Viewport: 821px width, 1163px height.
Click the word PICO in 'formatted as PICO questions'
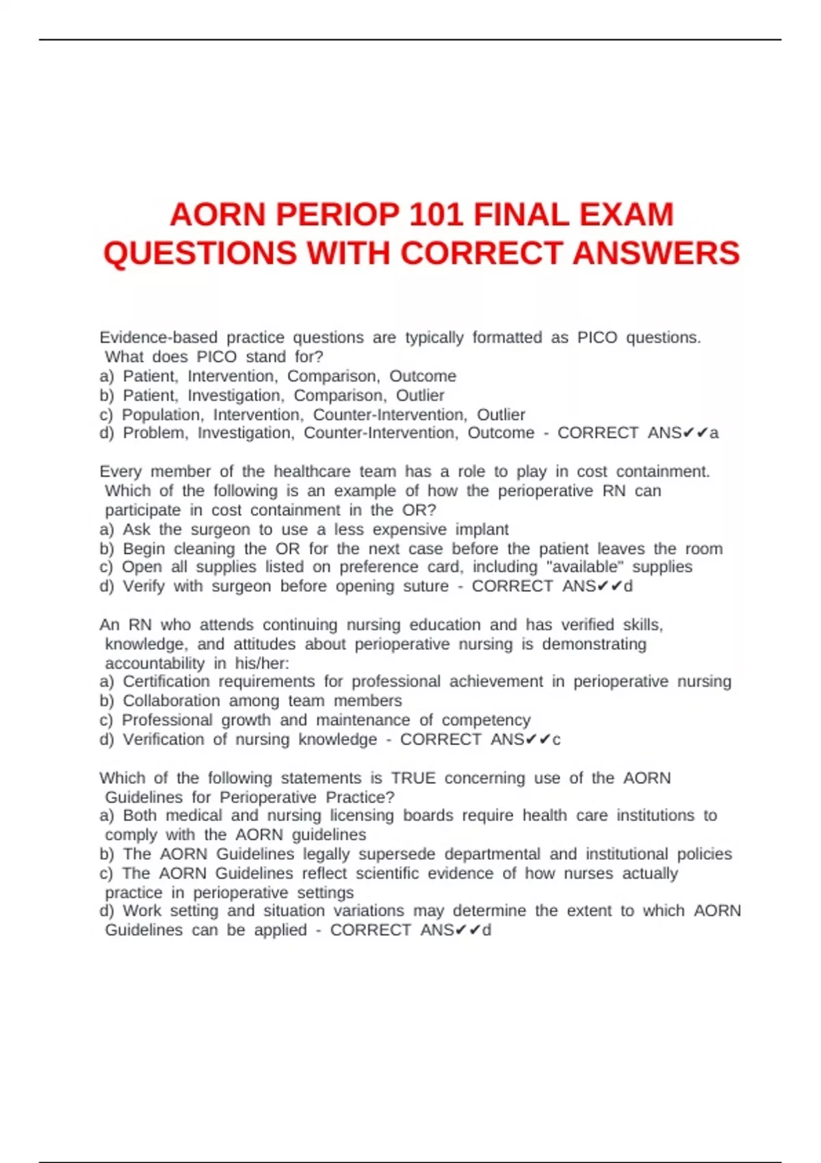597,337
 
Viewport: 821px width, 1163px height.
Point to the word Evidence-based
158,337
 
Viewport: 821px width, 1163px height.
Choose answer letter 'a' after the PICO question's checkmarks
714,433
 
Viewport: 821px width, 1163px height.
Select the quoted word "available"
584,567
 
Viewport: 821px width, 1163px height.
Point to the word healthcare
312,471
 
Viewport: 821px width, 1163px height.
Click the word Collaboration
171,701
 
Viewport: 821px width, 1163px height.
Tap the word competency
486,720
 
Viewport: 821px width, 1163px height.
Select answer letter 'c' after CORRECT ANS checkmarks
556,740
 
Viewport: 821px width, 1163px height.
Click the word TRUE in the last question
413,778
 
